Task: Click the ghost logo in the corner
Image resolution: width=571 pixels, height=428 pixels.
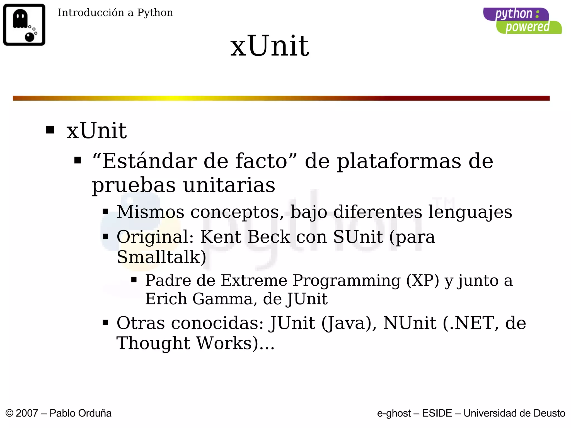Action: (x=24, y=25)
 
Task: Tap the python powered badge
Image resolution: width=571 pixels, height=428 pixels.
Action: (x=522, y=21)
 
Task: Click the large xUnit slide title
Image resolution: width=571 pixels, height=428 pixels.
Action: (x=270, y=46)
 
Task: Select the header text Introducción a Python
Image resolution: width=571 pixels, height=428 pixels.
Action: (x=115, y=13)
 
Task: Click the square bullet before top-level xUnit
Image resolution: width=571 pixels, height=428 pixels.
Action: (x=50, y=130)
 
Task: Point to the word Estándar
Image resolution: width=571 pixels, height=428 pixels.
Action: (x=149, y=161)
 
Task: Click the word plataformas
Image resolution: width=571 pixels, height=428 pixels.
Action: (x=399, y=161)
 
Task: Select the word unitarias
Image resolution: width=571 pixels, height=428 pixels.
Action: (x=229, y=185)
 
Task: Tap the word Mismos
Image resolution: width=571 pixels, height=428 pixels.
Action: (x=150, y=212)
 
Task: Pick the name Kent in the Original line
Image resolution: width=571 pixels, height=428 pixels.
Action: (x=221, y=237)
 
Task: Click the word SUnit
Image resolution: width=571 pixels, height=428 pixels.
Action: (x=358, y=237)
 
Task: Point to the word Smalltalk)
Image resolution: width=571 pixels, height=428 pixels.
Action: (x=161, y=257)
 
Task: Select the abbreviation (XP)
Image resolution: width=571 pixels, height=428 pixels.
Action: (x=422, y=280)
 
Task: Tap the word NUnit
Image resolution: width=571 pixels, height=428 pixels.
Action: (x=410, y=323)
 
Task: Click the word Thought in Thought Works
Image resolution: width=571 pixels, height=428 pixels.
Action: (x=153, y=343)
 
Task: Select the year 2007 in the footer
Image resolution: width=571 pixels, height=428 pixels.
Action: (x=27, y=413)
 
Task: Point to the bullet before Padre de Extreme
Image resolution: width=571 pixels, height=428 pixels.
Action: (x=134, y=279)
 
